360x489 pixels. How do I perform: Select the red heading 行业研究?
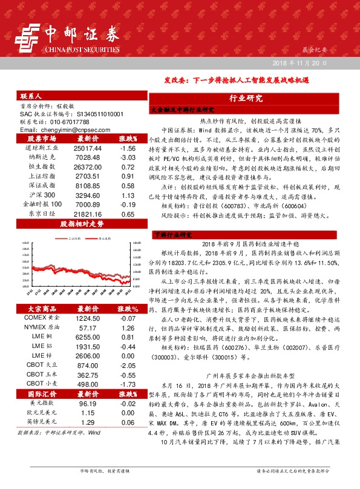(246, 98)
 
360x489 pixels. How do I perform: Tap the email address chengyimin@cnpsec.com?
(62, 130)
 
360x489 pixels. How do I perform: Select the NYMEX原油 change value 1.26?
(127, 327)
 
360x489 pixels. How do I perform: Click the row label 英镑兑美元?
(42, 422)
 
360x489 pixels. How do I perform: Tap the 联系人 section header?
(31, 96)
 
